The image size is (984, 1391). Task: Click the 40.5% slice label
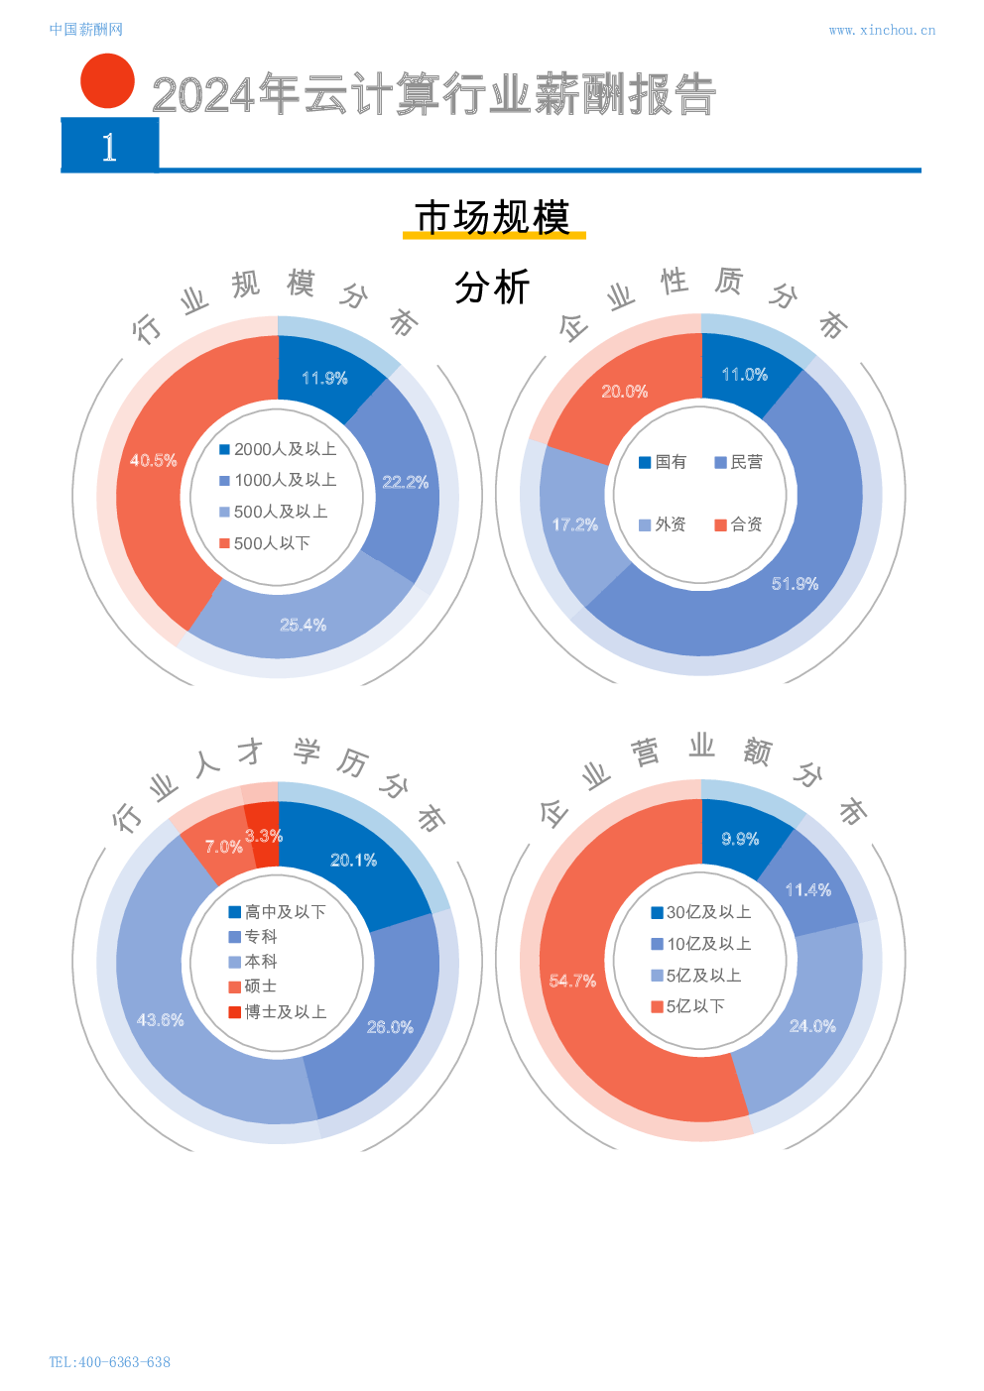pyautogui.click(x=154, y=460)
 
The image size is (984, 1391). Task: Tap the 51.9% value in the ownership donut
pyautogui.click(x=795, y=584)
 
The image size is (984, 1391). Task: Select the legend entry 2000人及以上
pyautogui.click(x=278, y=449)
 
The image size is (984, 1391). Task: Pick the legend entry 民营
pyautogui.click(x=739, y=462)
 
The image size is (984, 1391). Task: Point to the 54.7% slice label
pyautogui.click(x=572, y=981)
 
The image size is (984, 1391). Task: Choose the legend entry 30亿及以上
pyautogui.click(x=700, y=912)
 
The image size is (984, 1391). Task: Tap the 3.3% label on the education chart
pyautogui.click(x=264, y=836)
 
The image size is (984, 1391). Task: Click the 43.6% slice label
pyautogui.click(x=160, y=1019)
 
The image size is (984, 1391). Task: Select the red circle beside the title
pyautogui.click(x=107, y=80)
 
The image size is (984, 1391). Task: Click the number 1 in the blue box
pyautogui.click(x=109, y=147)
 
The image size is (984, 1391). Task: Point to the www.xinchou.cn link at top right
pyautogui.click(x=881, y=30)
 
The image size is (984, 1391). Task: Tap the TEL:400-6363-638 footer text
pyautogui.click(x=109, y=1361)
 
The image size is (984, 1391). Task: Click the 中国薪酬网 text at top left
pyautogui.click(x=85, y=30)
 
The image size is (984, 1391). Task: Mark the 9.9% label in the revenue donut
pyautogui.click(x=740, y=839)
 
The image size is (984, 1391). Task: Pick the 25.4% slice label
pyautogui.click(x=303, y=625)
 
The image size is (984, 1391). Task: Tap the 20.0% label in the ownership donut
pyautogui.click(x=624, y=392)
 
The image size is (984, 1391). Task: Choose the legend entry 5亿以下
pyautogui.click(x=687, y=1006)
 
